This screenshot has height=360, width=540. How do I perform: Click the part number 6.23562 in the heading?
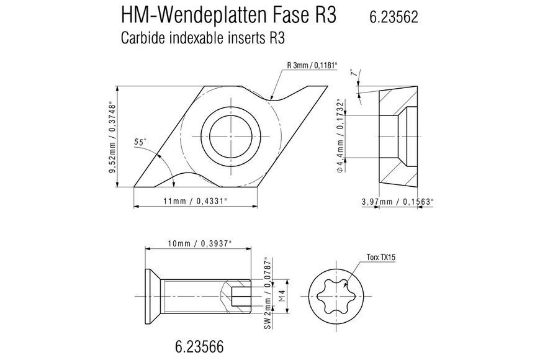tap(394, 17)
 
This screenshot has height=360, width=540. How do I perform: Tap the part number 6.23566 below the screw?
tap(199, 346)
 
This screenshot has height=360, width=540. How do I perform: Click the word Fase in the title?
tap(290, 16)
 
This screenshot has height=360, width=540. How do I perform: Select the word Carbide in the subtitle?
tap(143, 38)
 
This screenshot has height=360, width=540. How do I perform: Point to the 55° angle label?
tap(140, 142)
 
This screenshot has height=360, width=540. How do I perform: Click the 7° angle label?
tap(353, 73)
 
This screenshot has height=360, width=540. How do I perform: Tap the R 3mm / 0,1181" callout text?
tap(312, 65)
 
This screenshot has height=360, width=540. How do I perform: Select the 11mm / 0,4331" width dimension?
tap(196, 201)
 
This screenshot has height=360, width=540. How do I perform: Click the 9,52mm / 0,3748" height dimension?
tap(111, 137)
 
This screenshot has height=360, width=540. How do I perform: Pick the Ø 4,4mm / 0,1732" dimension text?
tap(340, 136)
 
